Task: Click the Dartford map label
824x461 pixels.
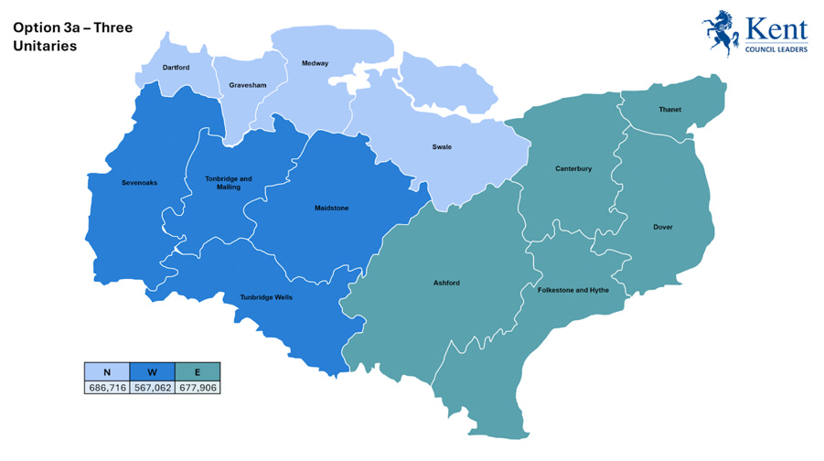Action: click(176, 68)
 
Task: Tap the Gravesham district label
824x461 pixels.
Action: click(248, 85)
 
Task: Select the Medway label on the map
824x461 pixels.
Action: click(315, 63)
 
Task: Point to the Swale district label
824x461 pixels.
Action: click(442, 146)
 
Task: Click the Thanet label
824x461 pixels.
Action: click(669, 110)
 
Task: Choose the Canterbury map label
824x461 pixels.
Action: click(573, 168)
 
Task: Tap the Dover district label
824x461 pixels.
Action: click(663, 227)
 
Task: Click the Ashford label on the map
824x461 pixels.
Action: click(446, 283)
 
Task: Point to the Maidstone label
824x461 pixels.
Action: click(331, 208)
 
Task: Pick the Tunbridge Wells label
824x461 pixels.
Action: click(266, 297)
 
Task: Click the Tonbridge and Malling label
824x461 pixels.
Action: click(229, 183)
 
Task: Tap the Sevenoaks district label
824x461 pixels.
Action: click(139, 183)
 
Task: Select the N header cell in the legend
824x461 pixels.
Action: click(107, 371)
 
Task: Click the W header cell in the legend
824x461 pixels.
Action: click(152, 371)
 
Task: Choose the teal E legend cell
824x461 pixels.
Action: click(198, 371)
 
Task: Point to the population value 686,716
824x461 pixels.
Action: click(107, 387)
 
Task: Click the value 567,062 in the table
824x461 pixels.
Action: click(152, 387)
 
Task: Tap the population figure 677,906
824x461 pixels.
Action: click(198, 387)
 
